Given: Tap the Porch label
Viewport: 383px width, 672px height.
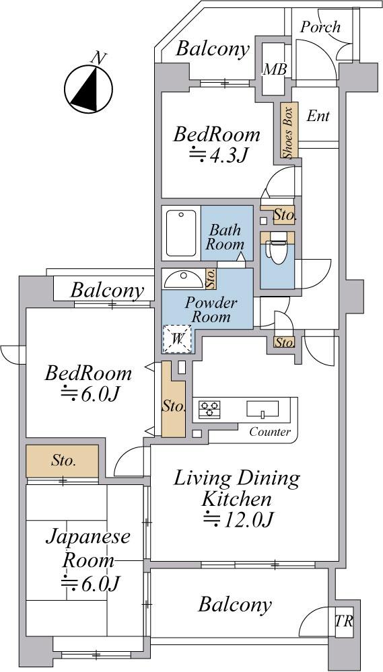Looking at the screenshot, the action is click(x=320, y=27).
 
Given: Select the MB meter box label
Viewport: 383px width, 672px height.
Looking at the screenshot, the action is click(x=275, y=69).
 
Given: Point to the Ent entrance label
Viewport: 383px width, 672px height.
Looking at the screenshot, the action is click(x=318, y=116).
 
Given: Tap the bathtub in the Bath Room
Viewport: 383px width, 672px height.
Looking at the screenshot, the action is click(x=182, y=233).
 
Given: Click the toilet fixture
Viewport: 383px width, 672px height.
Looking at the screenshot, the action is click(x=275, y=250).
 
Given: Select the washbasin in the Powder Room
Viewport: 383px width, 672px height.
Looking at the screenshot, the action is click(x=184, y=279).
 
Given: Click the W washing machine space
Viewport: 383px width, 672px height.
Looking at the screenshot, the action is click(x=177, y=339).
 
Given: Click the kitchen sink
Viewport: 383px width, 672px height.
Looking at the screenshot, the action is click(x=263, y=409).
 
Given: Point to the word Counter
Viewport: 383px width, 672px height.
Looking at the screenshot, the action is click(x=270, y=432).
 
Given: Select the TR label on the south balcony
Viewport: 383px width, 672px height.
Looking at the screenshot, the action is click(x=344, y=622).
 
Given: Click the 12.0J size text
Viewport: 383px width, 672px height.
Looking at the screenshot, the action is click(x=238, y=520).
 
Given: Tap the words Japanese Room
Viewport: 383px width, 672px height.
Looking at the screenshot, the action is click(x=88, y=548).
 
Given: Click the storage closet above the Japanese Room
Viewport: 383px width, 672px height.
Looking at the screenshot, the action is click(x=62, y=461).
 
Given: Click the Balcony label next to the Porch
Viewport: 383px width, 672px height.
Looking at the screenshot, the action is click(x=213, y=49).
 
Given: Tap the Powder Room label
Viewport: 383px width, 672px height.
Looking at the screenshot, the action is click(x=211, y=310).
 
